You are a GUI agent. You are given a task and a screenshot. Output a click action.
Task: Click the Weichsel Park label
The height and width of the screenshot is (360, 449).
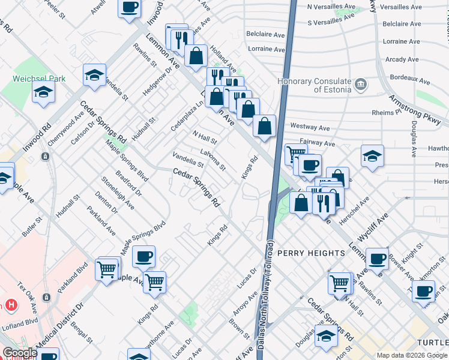[31, 79]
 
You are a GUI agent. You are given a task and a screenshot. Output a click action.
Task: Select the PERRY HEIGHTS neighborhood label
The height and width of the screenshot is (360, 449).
[310, 253]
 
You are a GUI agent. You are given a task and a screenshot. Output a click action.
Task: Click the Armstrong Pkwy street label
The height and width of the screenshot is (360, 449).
[415, 109]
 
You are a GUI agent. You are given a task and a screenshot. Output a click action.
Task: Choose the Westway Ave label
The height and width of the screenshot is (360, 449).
[310, 128]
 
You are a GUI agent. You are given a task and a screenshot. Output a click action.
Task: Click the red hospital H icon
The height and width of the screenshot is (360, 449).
[10, 305]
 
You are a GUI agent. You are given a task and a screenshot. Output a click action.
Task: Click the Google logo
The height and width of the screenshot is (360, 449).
[20, 353]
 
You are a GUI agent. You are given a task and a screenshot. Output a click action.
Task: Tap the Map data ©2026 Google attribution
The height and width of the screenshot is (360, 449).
[412, 355]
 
